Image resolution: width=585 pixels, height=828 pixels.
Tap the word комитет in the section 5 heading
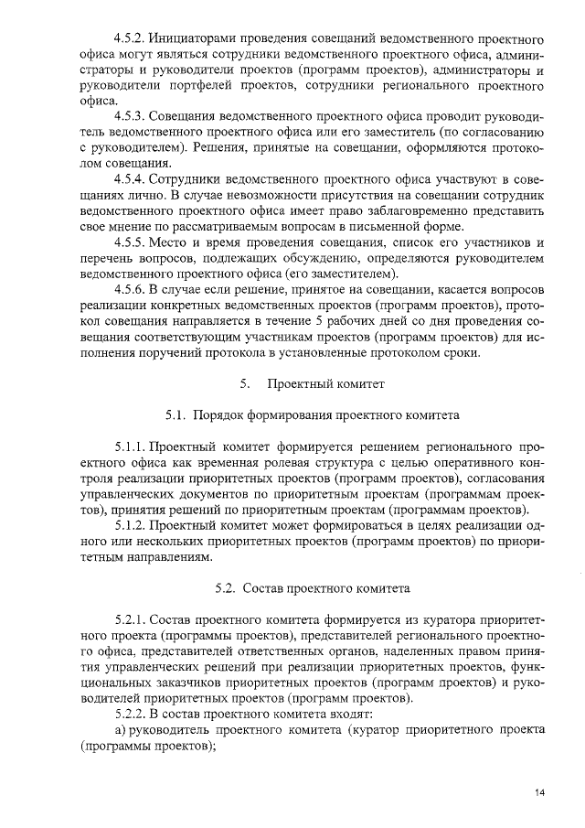[359, 382]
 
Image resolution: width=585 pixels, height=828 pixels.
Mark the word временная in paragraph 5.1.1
[238, 464]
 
